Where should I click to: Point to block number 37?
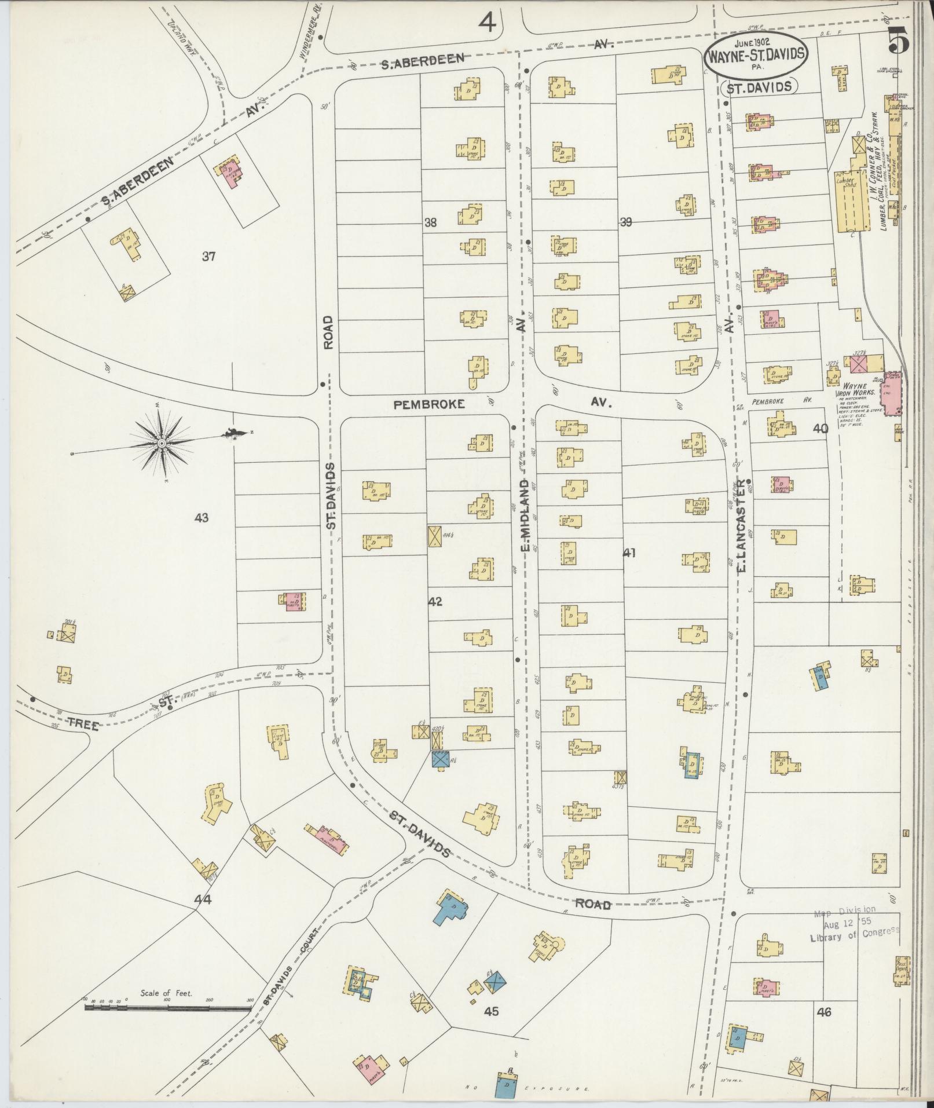tap(208, 256)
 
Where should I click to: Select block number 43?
tap(202, 518)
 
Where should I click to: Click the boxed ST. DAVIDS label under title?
tap(759, 87)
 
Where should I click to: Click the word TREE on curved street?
tap(83, 724)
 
